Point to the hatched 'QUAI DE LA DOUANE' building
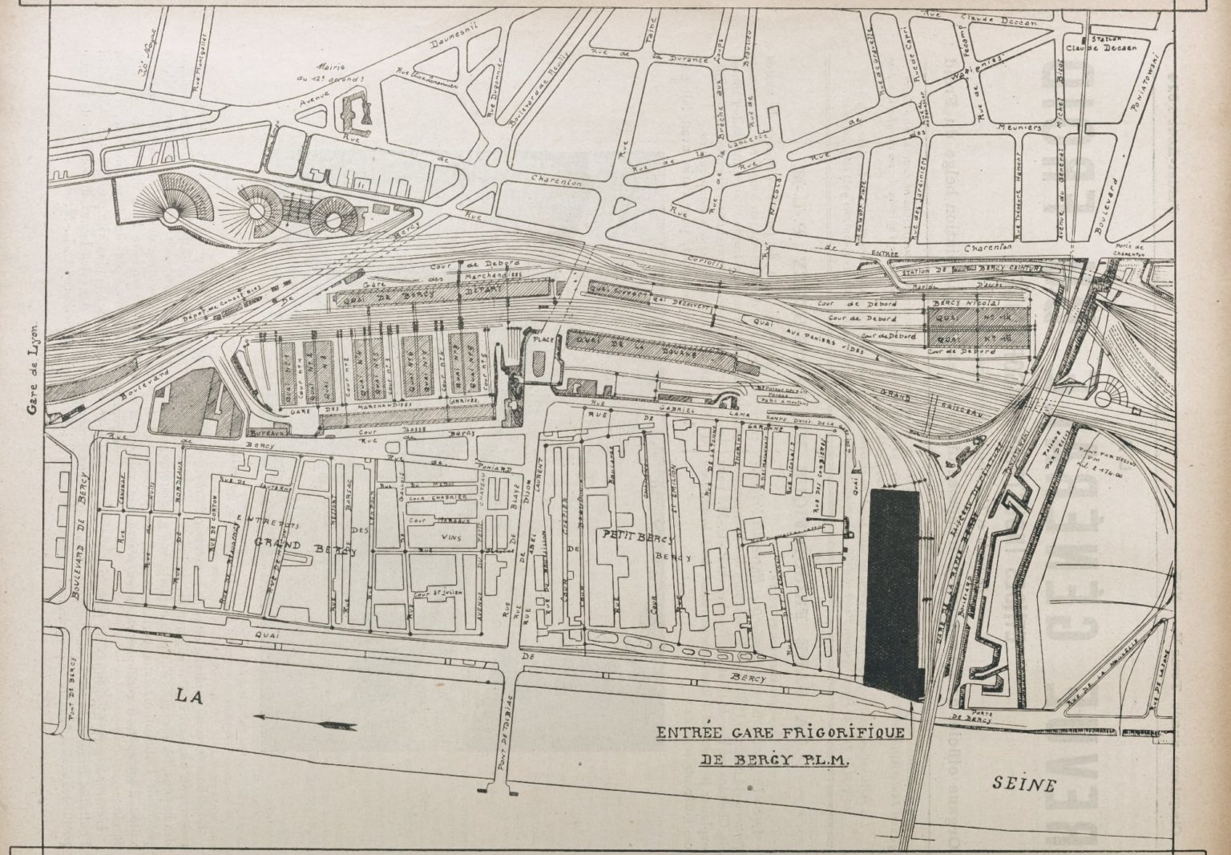point(641,343)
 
